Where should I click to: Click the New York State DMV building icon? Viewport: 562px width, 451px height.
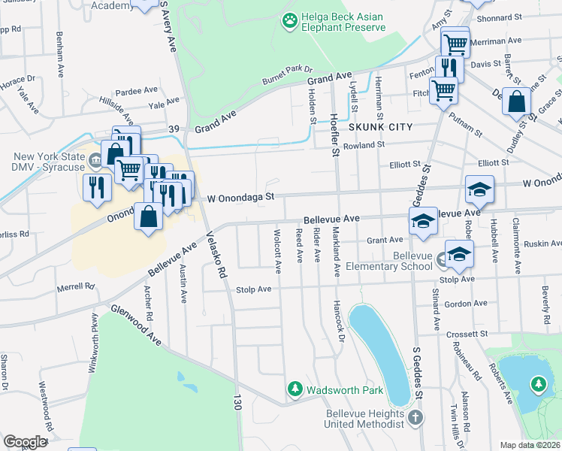pos(95,159)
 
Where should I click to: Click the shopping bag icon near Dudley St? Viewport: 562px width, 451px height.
pos(518,104)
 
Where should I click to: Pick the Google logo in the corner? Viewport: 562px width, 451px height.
pos(25,442)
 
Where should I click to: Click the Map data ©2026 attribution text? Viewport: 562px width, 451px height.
pos(530,445)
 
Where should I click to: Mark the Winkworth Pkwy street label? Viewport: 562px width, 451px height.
pos(95,331)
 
